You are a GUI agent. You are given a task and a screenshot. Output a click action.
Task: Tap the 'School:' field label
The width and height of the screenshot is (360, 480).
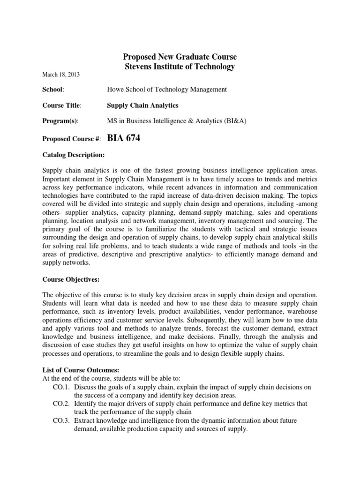53,90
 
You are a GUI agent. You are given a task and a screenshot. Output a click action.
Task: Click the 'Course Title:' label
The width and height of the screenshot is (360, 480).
62,105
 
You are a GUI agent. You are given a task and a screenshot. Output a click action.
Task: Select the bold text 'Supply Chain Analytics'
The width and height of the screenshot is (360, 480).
142,105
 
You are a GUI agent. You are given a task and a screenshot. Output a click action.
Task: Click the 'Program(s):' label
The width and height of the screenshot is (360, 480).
60,121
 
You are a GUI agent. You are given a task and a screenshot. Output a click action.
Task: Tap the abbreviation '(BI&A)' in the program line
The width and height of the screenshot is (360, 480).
235,121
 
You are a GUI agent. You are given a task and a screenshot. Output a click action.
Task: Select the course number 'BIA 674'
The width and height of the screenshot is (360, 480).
124,138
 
